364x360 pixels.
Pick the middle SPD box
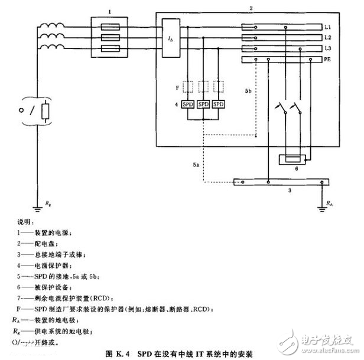[x=204, y=104]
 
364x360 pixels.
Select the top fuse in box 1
[x=109, y=26]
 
